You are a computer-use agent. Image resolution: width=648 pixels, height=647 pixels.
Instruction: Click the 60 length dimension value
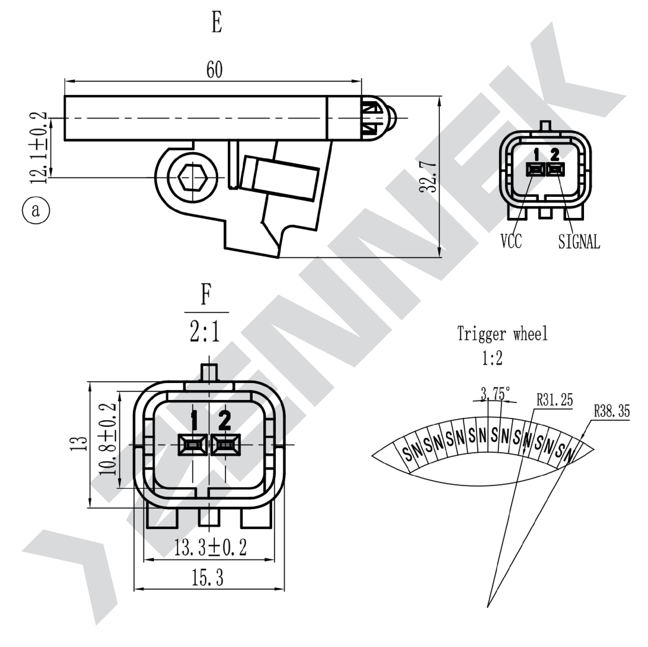[x=214, y=70]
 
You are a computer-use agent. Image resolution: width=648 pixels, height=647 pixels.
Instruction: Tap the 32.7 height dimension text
[x=428, y=177]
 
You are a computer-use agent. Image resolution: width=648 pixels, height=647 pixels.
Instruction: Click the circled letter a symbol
[x=36, y=210]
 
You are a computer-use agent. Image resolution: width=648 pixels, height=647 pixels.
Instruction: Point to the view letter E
[x=217, y=23]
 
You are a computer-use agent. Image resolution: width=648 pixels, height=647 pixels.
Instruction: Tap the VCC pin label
[x=511, y=241]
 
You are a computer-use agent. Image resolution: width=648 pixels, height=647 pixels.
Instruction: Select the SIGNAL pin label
[x=579, y=241]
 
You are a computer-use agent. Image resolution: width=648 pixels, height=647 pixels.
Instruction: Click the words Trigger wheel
[x=502, y=334]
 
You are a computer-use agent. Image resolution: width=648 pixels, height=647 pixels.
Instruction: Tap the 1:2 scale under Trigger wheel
[x=492, y=358]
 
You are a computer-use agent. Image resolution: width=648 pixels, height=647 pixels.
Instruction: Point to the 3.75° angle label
[x=495, y=393]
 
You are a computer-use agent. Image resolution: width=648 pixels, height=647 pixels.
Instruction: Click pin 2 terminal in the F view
[x=225, y=445]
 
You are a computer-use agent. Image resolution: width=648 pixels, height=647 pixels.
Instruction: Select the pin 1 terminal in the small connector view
[x=536, y=169]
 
